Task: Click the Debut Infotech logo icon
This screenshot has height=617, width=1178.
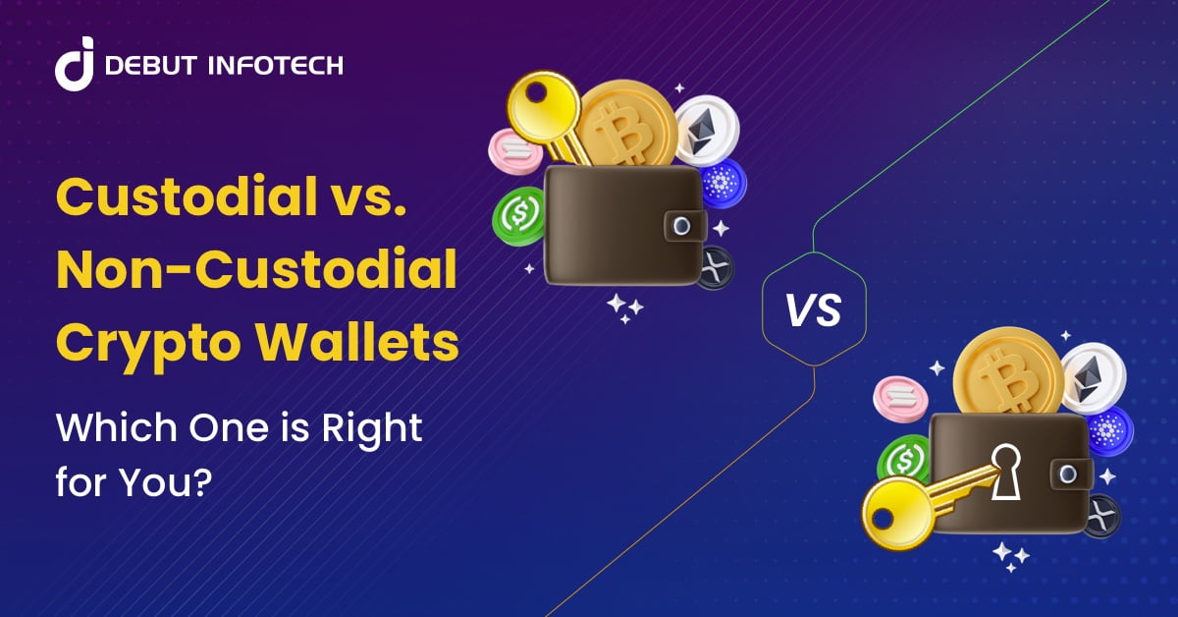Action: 74,65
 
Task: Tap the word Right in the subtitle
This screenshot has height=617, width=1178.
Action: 377,429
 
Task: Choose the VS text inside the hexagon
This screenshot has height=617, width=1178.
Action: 815,309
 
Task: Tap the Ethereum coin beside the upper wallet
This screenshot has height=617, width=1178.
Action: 706,130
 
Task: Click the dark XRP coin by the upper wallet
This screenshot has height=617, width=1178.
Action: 714,267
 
